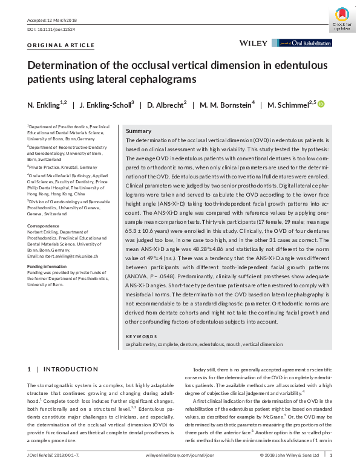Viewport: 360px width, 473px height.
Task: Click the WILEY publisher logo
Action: (x=254, y=44)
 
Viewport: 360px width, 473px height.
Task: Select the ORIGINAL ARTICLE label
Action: (x=61, y=45)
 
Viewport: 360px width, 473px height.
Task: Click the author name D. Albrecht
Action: (x=165, y=105)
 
